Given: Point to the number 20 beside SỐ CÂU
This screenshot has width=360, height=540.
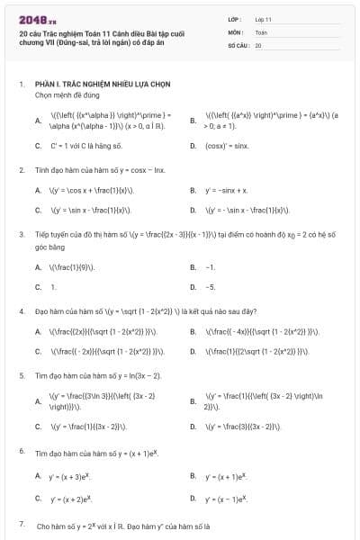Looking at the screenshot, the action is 258,44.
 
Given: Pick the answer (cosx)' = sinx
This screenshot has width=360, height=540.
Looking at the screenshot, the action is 227,145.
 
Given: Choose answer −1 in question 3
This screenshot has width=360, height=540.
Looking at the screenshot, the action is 211,267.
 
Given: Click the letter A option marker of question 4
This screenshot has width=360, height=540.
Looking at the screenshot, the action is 38,331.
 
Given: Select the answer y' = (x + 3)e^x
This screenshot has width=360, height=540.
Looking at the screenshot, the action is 73,475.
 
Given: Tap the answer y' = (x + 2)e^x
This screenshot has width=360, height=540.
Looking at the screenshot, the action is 73,498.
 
